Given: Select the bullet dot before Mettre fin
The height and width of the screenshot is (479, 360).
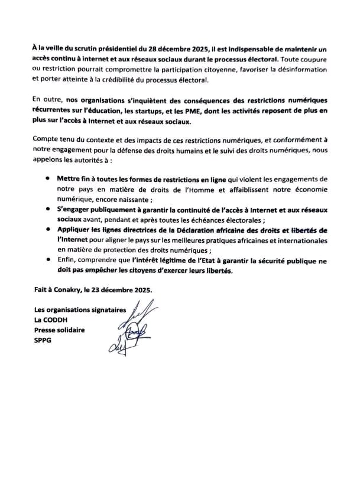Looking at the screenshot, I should point(47,178).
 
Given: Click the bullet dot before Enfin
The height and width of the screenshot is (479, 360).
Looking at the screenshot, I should point(47,258).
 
